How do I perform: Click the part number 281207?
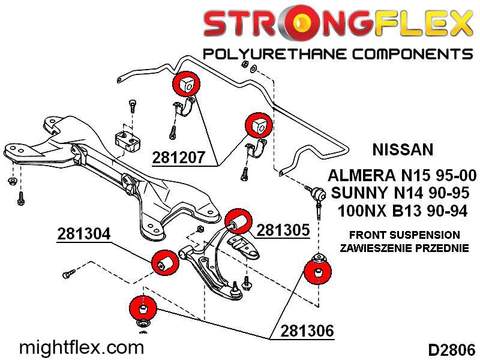[179, 157]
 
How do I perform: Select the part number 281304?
[84, 234]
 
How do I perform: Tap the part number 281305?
[283, 230]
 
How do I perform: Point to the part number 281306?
[306, 331]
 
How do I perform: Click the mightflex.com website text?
[82, 347]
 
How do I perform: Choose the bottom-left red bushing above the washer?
[143, 308]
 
